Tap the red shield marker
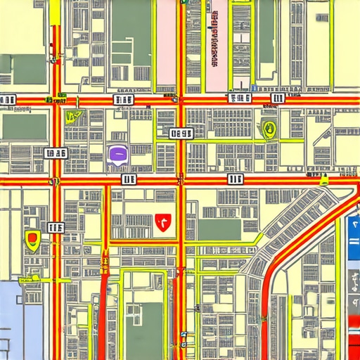[x=162, y=223]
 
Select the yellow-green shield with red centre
[x=32, y=239]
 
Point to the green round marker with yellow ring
[x=268, y=129]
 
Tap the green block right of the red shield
[x=219, y=229]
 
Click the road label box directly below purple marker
[x=129, y=180]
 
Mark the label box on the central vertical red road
[x=181, y=132]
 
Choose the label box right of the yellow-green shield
[x=56, y=226]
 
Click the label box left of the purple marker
[x=56, y=153]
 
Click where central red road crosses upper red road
[x=181, y=100]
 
